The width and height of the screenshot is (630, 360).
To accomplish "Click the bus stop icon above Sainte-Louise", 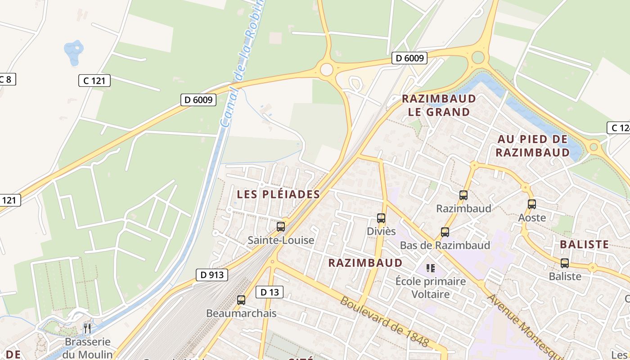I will pyautogui.click(x=281, y=226).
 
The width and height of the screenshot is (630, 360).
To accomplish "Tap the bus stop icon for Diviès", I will pyautogui.click(x=381, y=218).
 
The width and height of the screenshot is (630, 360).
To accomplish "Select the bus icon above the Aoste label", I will pyautogui.click(x=532, y=204).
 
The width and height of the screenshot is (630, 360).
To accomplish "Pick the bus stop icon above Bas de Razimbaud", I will pyautogui.click(x=445, y=232).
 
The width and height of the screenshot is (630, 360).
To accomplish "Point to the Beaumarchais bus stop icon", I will pyautogui.click(x=241, y=300).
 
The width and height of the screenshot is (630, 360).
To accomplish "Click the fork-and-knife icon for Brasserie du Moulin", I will pyautogui.click(x=87, y=328).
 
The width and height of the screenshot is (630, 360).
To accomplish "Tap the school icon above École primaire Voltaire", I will pyautogui.click(x=431, y=268).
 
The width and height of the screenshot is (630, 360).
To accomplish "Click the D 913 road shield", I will pyautogui.click(x=211, y=274).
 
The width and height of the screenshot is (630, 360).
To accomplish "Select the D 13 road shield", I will pyautogui.click(x=270, y=292).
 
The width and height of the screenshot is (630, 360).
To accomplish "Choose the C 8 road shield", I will pyautogui.click(x=6, y=79).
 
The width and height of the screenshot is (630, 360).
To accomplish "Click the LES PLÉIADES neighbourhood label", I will pyautogui.click(x=278, y=194).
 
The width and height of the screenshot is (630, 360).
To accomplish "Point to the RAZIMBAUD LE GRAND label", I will pyautogui.click(x=439, y=105).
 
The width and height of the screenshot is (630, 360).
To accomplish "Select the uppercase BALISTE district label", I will pyautogui.click(x=584, y=244).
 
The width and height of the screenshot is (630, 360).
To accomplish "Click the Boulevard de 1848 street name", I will pyautogui.click(x=384, y=321).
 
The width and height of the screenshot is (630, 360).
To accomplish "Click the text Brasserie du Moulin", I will pyautogui.click(x=88, y=348).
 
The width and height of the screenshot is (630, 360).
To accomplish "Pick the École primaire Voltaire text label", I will pyautogui.click(x=431, y=288).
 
